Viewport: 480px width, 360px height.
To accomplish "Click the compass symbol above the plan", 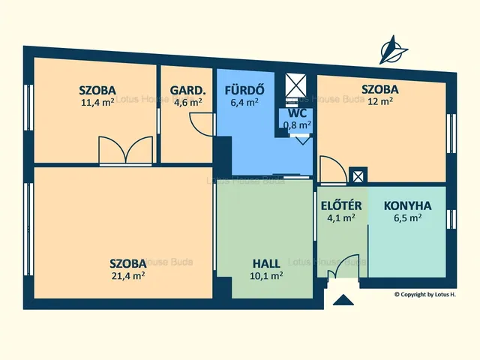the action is click(393, 50).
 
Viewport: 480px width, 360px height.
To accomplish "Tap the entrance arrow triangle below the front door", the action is click(343, 300).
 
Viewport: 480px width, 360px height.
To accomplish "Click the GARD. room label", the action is click(187, 90).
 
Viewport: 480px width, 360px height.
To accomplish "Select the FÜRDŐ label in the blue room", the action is click(244, 90).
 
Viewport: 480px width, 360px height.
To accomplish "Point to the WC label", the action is click(297, 113).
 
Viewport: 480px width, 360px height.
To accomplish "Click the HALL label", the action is click(266, 263).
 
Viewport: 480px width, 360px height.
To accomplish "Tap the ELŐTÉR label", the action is click(341, 205).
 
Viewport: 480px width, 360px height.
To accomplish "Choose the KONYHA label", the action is click(408, 205).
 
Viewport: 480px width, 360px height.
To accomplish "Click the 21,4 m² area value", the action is click(128, 276).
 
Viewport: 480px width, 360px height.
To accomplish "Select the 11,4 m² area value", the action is click(97, 102).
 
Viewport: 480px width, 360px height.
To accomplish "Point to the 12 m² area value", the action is click(380, 101).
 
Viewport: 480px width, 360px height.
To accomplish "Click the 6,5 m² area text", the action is click(408, 218).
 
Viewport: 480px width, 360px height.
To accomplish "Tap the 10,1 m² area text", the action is click(266, 276).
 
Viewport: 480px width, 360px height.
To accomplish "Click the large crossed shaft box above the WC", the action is click(295, 84).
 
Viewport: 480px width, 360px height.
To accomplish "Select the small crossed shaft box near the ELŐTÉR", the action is click(358, 176).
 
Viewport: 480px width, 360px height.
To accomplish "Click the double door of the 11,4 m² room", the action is click(125, 151).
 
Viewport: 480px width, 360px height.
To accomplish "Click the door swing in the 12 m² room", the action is click(333, 170).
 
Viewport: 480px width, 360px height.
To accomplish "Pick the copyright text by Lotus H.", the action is click(425, 295).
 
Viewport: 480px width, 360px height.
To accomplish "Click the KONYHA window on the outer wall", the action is click(451, 219).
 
